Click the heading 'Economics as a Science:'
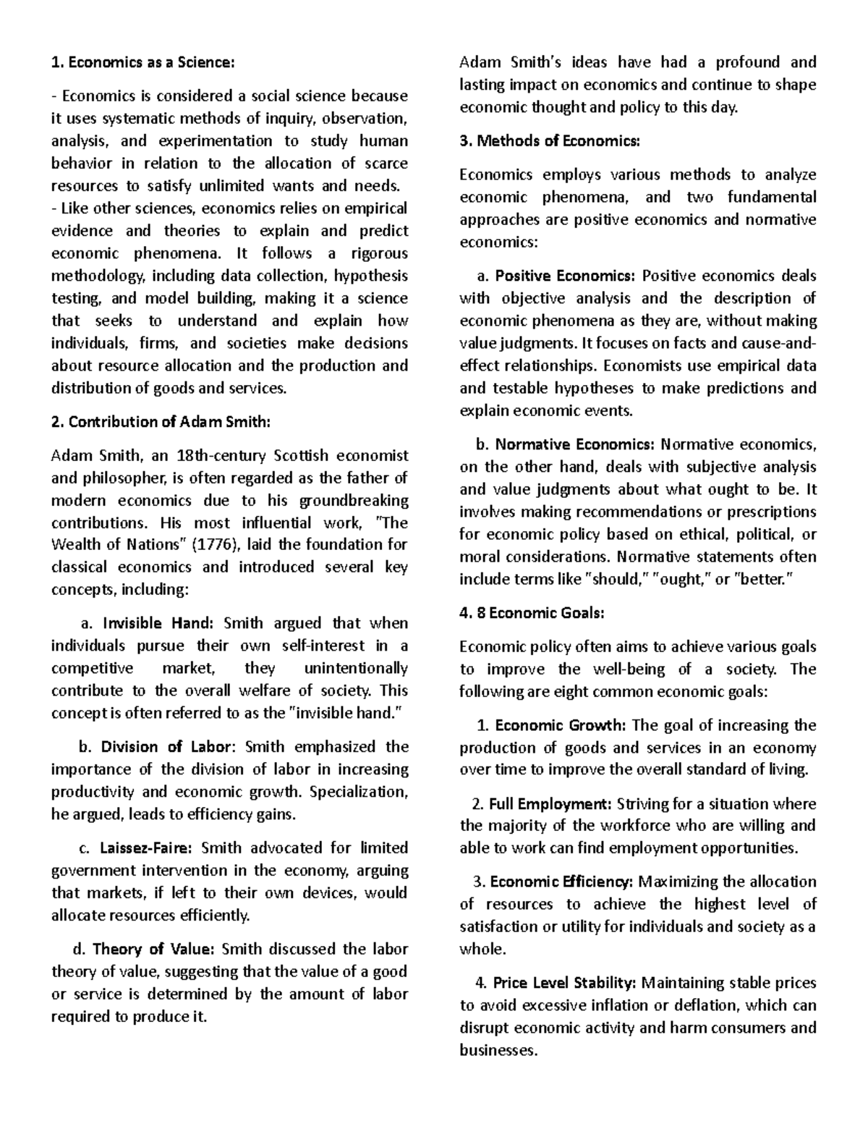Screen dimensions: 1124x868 [149, 62]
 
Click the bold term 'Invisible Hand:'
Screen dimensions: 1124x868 [158, 623]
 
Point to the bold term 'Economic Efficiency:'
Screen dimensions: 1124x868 [561, 882]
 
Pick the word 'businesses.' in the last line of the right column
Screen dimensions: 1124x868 [499, 1050]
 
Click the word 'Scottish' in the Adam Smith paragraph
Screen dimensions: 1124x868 [302, 455]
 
